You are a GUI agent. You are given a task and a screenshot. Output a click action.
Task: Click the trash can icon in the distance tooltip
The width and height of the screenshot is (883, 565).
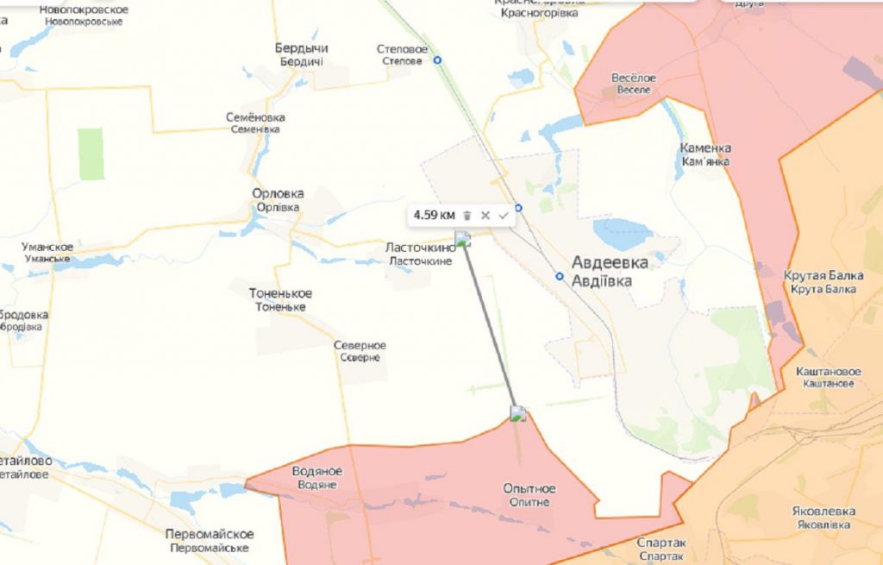pos(467,216)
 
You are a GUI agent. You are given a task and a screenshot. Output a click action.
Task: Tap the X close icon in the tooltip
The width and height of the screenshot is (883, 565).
pos(485,216)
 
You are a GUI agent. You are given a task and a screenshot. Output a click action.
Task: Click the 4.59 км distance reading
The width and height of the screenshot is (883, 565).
pos(433,215)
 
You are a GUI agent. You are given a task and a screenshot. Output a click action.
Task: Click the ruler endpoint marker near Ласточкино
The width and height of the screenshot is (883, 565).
pos(463,239)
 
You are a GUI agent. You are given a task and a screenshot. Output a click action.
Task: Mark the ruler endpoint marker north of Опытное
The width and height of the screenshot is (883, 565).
pos(517,413)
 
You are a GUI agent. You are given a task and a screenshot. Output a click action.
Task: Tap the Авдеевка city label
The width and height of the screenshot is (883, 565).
pos(610,264)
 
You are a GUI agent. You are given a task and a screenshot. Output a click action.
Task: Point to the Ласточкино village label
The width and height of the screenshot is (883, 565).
pos(421,248)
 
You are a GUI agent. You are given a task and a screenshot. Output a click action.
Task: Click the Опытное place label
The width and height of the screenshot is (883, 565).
pos(529,489)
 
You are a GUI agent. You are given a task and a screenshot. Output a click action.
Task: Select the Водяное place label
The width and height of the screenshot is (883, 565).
pos(317,471)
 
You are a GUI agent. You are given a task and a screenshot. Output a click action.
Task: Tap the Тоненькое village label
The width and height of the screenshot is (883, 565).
pos(281,293)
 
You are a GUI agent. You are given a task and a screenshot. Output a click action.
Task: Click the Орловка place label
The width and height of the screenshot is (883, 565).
pos(278,194)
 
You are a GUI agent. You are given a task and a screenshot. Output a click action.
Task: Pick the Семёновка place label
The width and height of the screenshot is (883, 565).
pos(255,117)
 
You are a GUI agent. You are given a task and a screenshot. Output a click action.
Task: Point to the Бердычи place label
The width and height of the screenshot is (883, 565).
pos(301,48)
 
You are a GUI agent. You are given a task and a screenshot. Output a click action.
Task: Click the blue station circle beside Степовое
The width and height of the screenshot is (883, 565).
pos(437,60)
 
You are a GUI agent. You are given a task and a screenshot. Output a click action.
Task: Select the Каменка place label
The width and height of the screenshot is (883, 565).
pos(705,148)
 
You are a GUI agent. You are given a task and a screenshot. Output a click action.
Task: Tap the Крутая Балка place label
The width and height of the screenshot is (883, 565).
pos(824,276)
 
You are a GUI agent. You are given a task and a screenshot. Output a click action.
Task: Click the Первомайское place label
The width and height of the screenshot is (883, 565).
pos(210,534)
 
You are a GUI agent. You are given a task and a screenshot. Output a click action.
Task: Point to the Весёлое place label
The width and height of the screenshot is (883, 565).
pos(634,78)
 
